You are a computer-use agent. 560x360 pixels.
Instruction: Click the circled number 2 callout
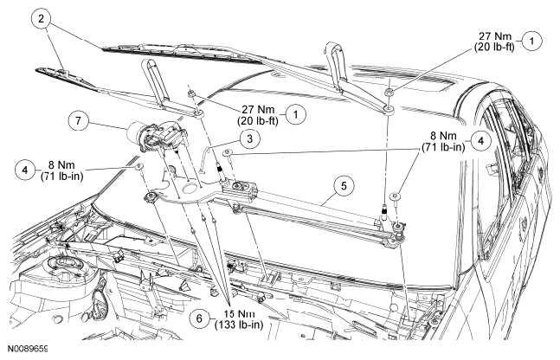41,18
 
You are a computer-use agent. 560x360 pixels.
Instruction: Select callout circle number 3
249,138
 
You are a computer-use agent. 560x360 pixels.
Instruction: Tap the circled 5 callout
344,186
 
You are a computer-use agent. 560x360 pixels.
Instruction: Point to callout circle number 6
199,318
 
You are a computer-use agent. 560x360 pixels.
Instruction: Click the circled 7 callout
78,120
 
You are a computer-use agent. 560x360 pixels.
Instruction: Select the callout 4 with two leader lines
480,141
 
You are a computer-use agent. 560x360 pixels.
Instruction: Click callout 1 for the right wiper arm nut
531,41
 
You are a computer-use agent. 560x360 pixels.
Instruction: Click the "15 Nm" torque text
239,314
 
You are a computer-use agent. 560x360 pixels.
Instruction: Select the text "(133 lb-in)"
239,325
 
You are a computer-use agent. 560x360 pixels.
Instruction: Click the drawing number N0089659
28,349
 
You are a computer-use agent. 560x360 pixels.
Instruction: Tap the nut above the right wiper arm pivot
389,93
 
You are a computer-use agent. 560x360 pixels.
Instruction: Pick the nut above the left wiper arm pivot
191,94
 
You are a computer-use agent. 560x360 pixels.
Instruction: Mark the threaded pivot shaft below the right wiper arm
385,212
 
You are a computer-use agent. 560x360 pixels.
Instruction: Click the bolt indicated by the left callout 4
139,167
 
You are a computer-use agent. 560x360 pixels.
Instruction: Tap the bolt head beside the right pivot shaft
396,196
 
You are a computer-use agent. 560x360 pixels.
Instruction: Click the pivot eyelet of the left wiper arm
199,114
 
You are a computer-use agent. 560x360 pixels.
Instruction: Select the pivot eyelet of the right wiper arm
389,108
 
